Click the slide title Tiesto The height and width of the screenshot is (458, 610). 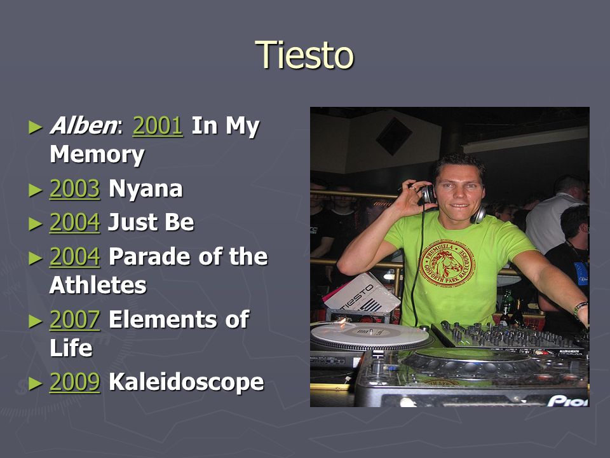[x=304, y=55]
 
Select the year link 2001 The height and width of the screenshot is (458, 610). [x=158, y=126]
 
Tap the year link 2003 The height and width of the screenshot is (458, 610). [x=75, y=189]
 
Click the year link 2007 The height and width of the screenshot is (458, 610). [x=75, y=320]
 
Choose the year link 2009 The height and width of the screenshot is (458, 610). [x=75, y=382]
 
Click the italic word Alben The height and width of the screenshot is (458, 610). [x=83, y=126]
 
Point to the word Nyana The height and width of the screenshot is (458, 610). [x=146, y=190]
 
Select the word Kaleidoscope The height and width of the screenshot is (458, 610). [x=186, y=382]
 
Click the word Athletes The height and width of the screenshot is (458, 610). [x=98, y=285]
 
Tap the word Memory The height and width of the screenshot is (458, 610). [x=97, y=155]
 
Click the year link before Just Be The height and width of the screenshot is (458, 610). [x=75, y=223]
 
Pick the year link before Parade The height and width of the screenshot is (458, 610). [x=75, y=256]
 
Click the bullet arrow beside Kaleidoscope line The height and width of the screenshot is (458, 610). [x=36, y=383]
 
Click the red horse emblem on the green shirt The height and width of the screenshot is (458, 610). [x=446, y=263]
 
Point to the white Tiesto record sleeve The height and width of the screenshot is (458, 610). [x=362, y=294]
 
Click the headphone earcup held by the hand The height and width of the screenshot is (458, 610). [x=428, y=194]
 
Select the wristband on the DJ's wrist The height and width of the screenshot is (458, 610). [x=579, y=308]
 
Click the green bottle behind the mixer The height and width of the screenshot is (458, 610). [x=506, y=306]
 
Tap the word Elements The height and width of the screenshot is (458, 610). [x=162, y=320]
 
